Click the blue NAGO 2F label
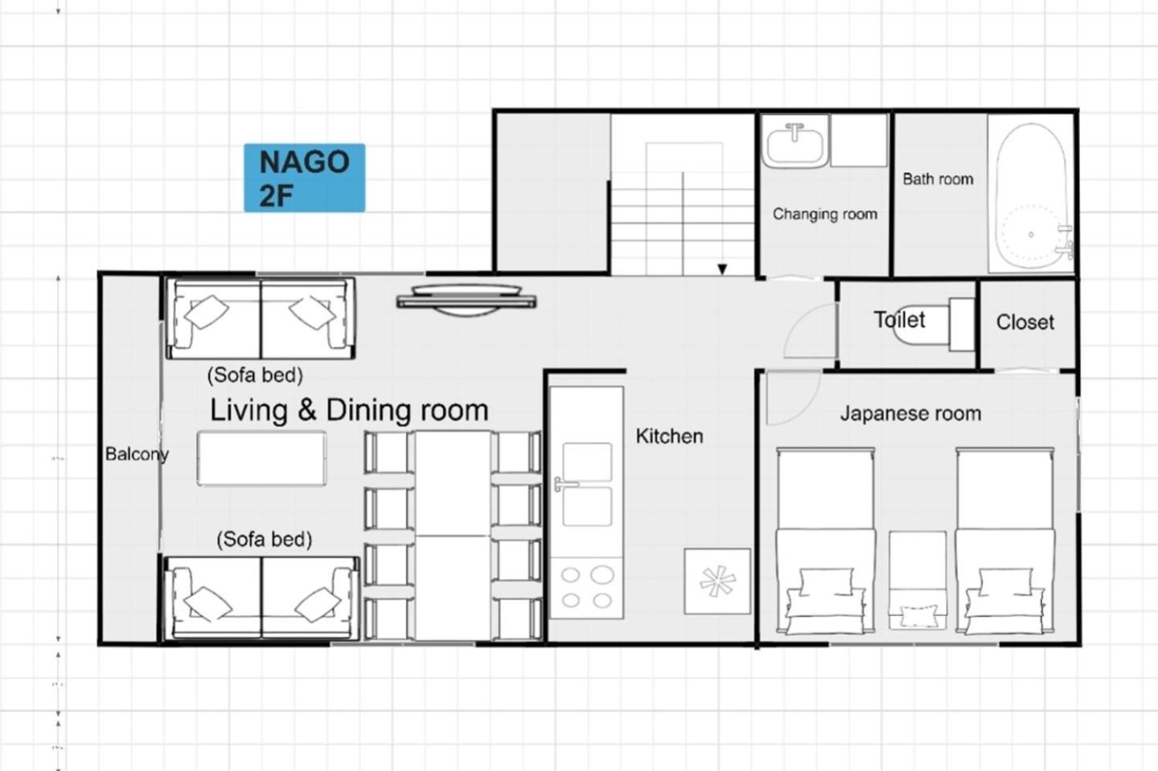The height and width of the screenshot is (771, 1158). [x=305, y=178]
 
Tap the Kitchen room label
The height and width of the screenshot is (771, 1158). [x=669, y=436]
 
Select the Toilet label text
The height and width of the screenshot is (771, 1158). [x=899, y=319]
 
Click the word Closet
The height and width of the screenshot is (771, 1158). [x=1025, y=322]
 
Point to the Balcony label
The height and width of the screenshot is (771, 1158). [x=137, y=454]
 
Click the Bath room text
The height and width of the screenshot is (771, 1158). [x=938, y=178]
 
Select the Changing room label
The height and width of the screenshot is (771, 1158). [x=825, y=214]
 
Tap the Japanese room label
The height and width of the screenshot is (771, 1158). [x=910, y=413]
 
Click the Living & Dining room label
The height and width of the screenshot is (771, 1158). [x=349, y=410]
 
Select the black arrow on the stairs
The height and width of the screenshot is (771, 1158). [x=722, y=269]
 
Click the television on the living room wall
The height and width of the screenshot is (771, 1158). [x=466, y=300]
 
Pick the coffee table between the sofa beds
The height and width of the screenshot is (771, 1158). [x=261, y=459]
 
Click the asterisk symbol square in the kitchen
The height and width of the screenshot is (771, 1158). [x=717, y=581]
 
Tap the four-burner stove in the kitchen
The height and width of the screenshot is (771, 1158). [x=587, y=588]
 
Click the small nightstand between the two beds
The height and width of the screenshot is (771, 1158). [x=918, y=580]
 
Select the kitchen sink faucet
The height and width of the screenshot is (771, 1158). [x=565, y=484]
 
